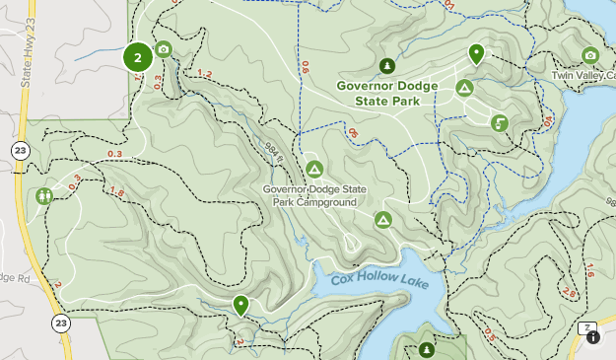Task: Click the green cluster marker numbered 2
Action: pos(137,57)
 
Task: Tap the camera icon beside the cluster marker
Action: pos(164,49)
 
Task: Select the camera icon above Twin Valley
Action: pos(590,55)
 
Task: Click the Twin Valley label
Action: pos(582,75)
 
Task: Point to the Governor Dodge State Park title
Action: pos(386,92)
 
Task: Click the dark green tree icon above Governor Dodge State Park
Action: pos(387,66)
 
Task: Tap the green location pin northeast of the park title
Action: pos(477,54)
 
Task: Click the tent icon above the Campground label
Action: pos(314,168)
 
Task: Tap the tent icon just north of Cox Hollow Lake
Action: pos(382,219)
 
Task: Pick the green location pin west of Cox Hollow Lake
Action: pos(240,305)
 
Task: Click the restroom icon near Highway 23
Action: pos(44,196)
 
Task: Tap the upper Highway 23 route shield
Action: pos(20,150)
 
